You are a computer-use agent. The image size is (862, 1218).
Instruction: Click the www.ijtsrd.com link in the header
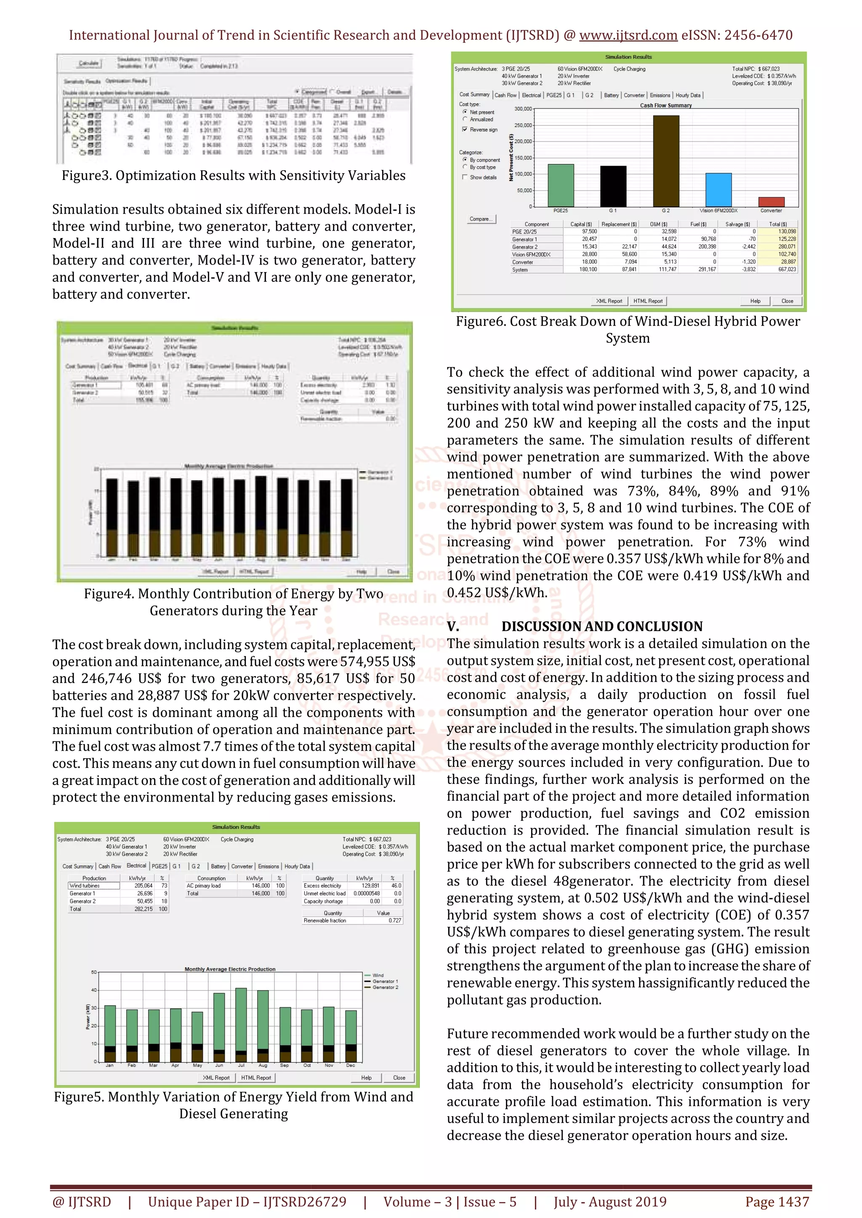click(x=628, y=36)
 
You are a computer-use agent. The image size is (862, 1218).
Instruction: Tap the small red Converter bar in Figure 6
click(x=771, y=201)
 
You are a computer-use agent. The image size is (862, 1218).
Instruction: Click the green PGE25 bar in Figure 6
click(x=561, y=185)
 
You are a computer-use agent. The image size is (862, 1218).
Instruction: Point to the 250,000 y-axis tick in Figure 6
click(x=523, y=125)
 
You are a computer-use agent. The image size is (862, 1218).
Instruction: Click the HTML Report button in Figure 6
click(x=648, y=301)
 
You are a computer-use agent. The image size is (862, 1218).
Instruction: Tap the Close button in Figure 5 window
click(x=399, y=1078)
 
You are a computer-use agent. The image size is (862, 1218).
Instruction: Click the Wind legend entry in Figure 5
click(x=378, y=975)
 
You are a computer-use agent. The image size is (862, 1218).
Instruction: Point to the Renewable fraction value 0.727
click(x=394, y=920)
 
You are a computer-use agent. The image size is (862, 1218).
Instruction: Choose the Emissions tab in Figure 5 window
click(x=268, y=866)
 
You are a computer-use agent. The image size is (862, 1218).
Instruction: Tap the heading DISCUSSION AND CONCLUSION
click(x=601, y=627)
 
